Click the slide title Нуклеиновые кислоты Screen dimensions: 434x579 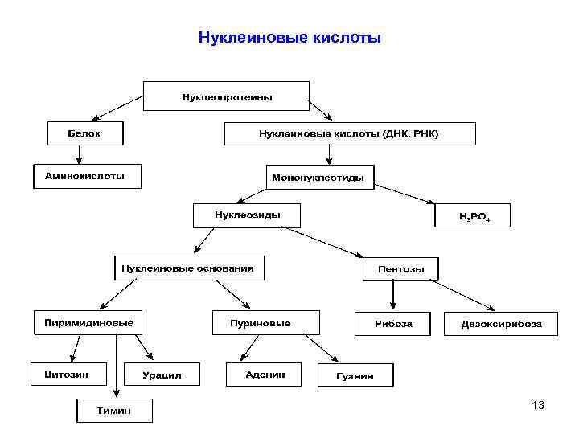pyautogui.click(x=289, y=38)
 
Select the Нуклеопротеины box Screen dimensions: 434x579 pyautogui.click(x=227, y=96)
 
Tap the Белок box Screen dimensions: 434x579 pyautogui.click(x=84, y=133)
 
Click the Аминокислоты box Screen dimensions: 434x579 pyautogui.click(x=86, y=176)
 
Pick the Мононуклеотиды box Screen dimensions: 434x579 pyautogui.click(x=319, y=177)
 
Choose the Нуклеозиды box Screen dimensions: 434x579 pyautogui.click(x=247, y=215)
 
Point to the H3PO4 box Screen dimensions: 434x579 pyautogui.click(x=473, y=216)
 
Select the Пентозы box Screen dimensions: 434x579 pyautogui.click(x=401, y=268)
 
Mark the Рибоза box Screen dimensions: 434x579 pyautogui.click(x=393, y=323)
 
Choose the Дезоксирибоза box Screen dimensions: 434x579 pyautogui.click(x=500, y=323)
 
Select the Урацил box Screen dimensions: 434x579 pyautogui.click(x=162, y=375)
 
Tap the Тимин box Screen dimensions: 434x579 pyautogui.click(x=113, y=411)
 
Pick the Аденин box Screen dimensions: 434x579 pyautogui.click(x=265, y=375)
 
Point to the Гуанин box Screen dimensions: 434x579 pyautogui.click(x=355, y=375)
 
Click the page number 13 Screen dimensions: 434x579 pyautogui.click(x=538, y=405)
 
